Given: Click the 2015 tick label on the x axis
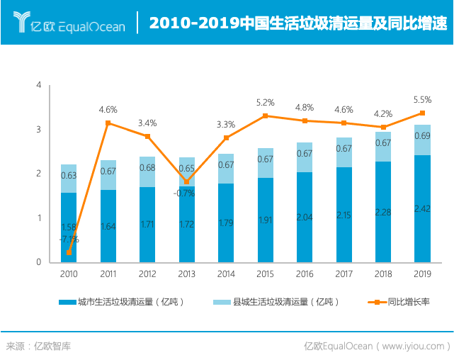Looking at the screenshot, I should pos(265,274).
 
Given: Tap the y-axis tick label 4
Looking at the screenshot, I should pos(39,86).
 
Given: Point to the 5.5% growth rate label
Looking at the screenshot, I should pos(422,100).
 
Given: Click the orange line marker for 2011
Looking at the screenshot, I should pos(108,123).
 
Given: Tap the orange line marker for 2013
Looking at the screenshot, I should pos(187,181).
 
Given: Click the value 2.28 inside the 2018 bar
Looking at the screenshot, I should pos(383,212).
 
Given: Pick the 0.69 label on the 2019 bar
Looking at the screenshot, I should pos(422,136).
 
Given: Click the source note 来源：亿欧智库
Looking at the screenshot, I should pos(39,347).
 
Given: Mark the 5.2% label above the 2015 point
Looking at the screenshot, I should pos(265,103).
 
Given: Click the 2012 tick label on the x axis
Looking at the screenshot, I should pos(147,274).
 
